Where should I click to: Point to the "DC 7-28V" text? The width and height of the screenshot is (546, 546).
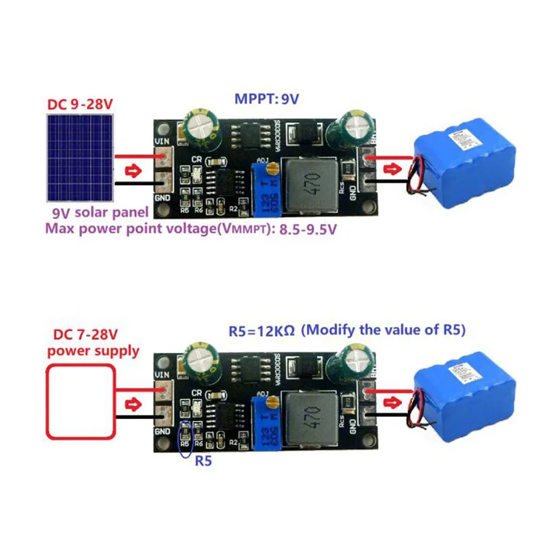click(x=81, y=336)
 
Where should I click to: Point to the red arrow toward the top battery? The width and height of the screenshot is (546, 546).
click(x=394, y=169)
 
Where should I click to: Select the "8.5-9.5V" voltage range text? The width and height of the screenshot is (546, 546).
click(x=308, y=229)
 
